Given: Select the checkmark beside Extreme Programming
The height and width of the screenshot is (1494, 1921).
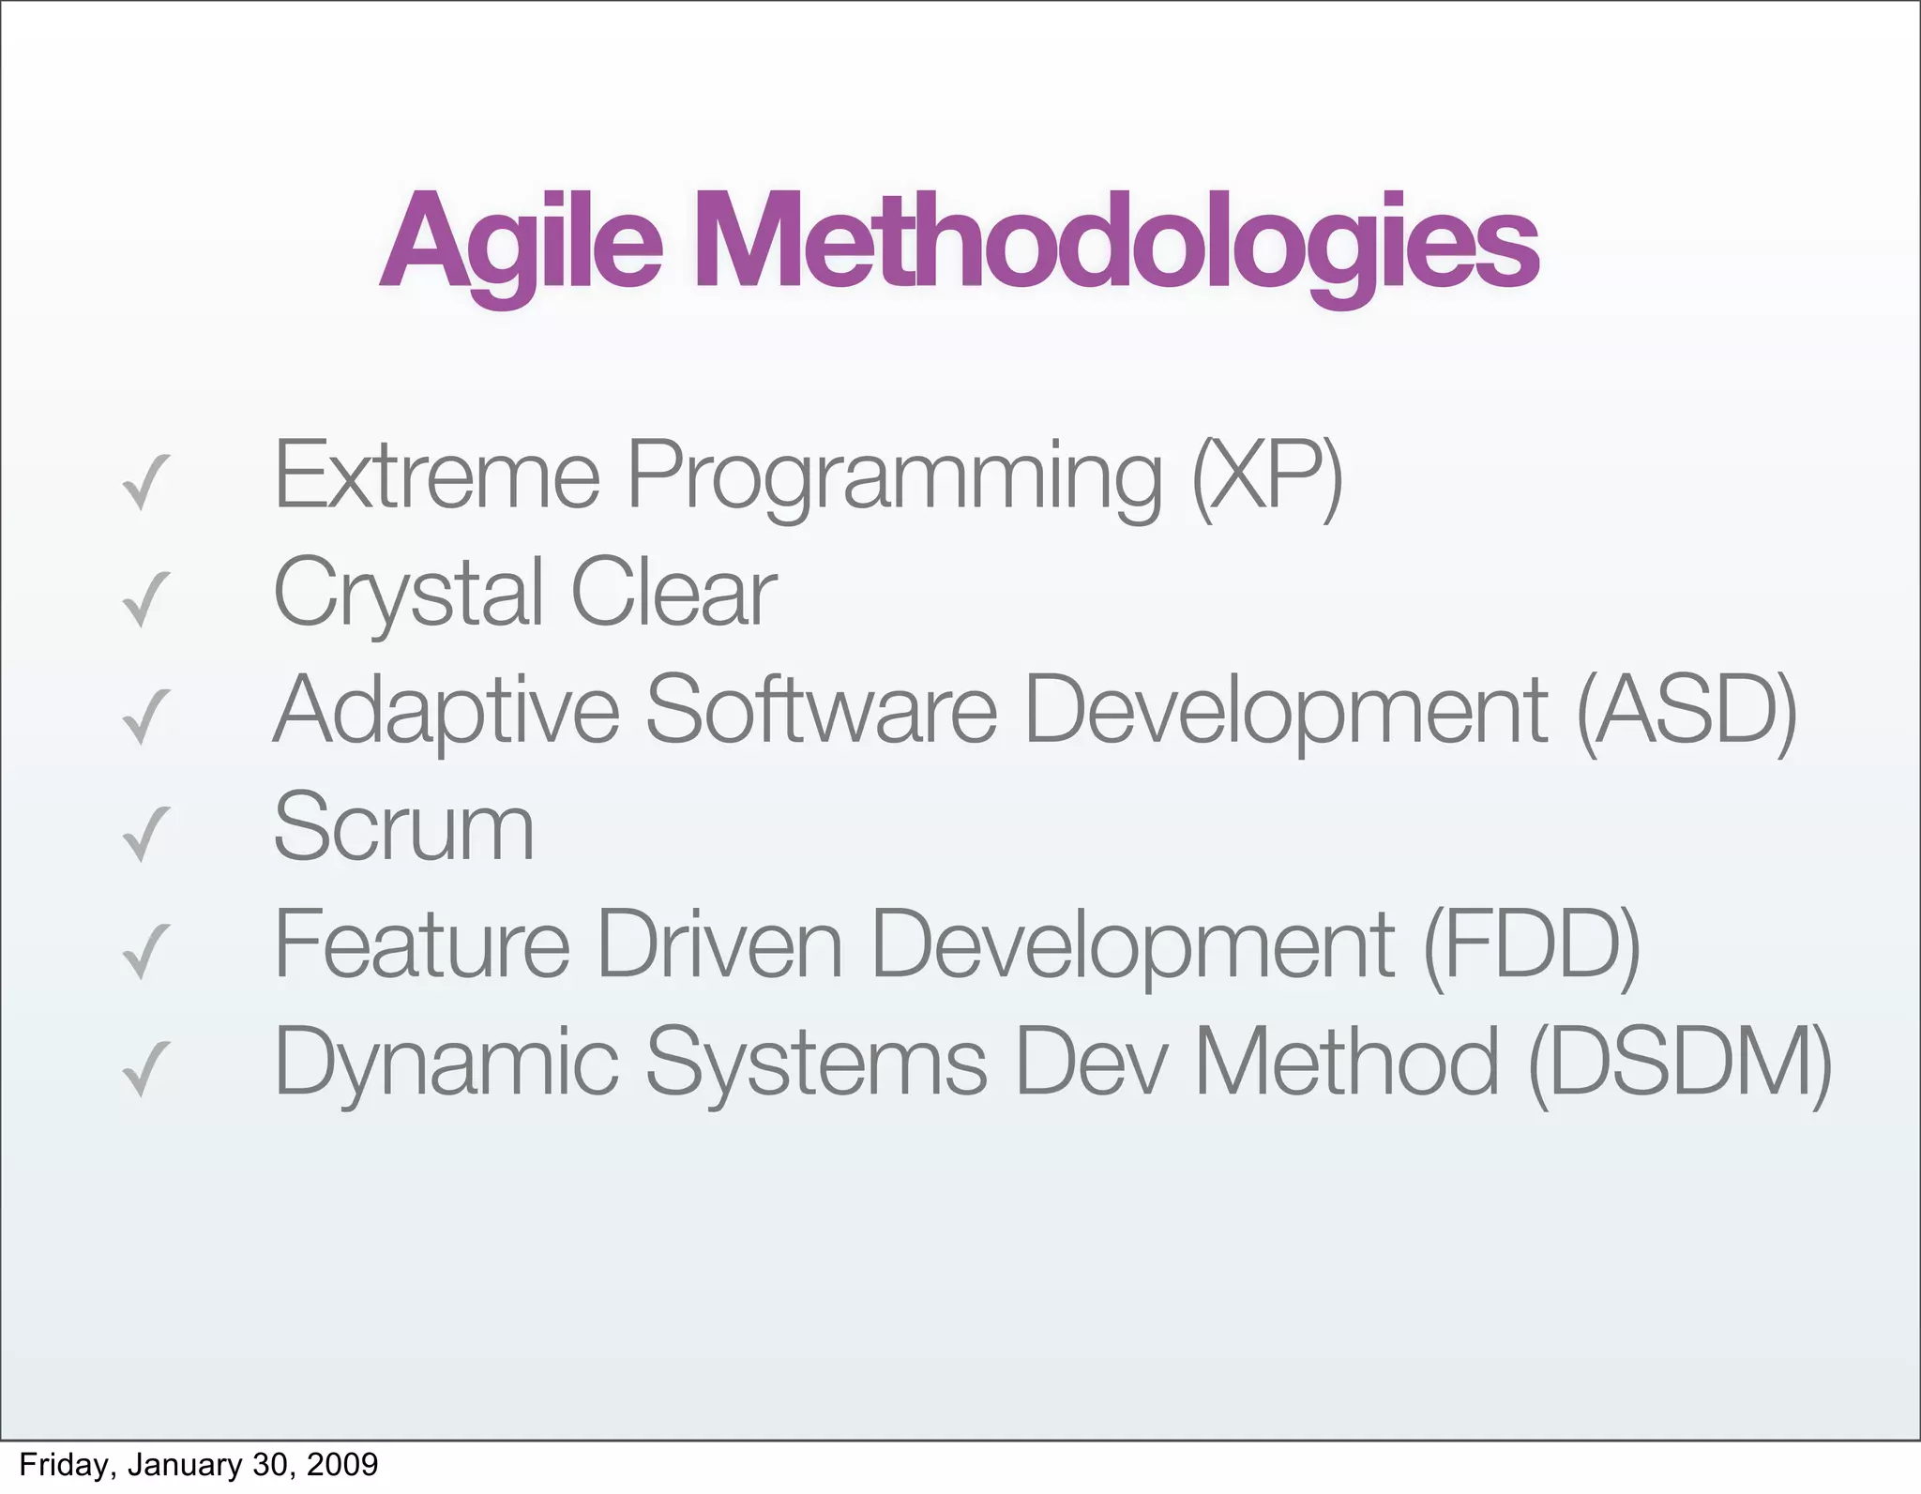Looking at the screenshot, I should [146, 483].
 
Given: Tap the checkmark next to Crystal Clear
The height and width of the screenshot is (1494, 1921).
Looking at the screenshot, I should [146, 600].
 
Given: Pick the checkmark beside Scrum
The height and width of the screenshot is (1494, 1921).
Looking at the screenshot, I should [146, 835].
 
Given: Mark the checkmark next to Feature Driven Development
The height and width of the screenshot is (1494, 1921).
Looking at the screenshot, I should [146, 952].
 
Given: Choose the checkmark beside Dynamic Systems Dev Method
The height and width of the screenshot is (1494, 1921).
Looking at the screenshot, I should [146, 1069].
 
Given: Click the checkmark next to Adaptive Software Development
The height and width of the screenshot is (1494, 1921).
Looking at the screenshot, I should [146, 717].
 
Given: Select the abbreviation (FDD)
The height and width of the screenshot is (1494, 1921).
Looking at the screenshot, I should [1531, 945].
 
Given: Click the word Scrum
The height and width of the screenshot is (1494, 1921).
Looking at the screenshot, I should [403, 827].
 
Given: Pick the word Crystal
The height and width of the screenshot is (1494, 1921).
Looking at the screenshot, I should [408, 593].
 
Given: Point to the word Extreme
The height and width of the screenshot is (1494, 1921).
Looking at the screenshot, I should [436, 476].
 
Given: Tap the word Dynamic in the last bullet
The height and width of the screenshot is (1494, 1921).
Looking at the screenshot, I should [446, 1063].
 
